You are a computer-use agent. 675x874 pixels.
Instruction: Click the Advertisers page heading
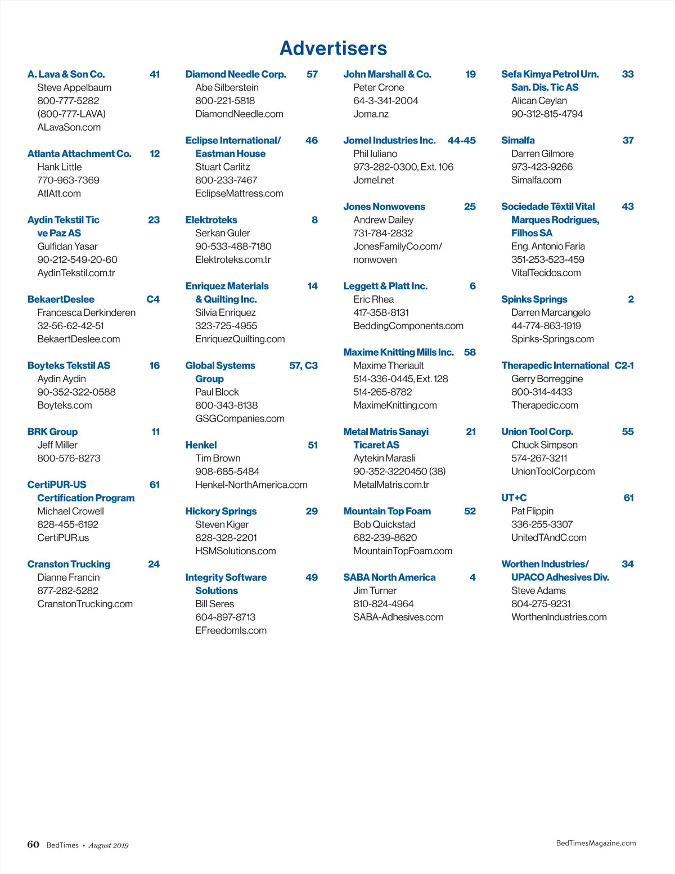(x=334, y=48)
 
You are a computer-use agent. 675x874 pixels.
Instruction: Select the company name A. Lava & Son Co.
(x=66, y=74)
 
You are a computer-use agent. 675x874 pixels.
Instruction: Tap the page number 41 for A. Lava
(x=155, y=74)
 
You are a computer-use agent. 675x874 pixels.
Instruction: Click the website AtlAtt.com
(x=59, y=194)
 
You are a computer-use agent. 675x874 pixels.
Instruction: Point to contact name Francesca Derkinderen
(x=86, y=312)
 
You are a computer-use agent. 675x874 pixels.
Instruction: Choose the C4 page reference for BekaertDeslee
(x=153, y=299)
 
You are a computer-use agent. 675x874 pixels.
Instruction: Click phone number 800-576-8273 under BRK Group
(x=69, y=458)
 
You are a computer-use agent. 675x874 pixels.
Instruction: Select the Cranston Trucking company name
(x=69, y=564)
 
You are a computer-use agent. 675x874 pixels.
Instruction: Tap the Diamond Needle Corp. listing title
(x=236, y=74)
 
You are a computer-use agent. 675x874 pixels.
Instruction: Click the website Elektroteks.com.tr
(x=233, y=259)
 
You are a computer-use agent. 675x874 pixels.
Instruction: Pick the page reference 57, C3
(x=303, y=366)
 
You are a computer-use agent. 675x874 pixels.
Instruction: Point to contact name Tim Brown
(x=218, y=458)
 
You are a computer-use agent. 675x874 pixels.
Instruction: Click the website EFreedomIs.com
(x=231, y=630)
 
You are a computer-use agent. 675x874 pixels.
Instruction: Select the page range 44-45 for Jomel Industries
(x=461, y=140)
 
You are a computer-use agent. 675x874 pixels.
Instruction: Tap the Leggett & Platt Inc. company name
(x=385, y=286)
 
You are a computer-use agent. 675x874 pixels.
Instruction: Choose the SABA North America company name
(x=389, y=577)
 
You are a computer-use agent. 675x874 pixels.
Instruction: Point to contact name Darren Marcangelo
(x=551, y=312)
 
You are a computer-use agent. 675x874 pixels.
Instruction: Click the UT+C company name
(x=514, y=498)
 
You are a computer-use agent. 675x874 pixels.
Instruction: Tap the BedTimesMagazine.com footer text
(x=596, y=843)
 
